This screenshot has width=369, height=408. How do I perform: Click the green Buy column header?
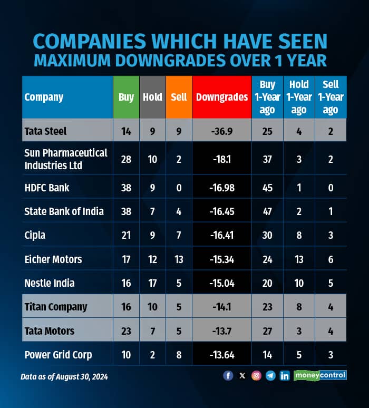[x=126, y=97]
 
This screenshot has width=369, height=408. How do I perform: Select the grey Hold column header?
[x=152, y=97]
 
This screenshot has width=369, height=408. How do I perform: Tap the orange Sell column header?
[x=179, y=97]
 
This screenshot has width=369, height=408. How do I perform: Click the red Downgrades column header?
[x=222, y=97]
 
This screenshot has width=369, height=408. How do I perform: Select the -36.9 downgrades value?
[x=222, y=131]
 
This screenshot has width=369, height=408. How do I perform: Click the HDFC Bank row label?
[x=47, y=188]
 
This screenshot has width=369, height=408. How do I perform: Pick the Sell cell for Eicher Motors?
[x=179, y=259]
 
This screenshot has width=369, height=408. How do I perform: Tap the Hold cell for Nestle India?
[x=152, y=283]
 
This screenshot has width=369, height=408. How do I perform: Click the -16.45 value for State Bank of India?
[x=222, y=211]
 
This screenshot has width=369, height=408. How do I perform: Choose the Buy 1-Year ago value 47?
[x=267, y=211]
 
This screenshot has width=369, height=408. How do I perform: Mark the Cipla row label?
[x=35, y=235]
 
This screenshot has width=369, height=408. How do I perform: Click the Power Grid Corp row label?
[x=58, y=355]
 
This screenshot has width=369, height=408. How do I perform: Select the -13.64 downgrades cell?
[x=222, y=355]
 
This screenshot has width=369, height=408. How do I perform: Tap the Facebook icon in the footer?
[x=228, y=375]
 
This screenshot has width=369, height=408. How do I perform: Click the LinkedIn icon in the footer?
[x=285, y=375]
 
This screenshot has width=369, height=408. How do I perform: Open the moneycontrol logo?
[x=320, y=375]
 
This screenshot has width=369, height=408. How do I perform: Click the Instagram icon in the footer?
[x=256, y=375]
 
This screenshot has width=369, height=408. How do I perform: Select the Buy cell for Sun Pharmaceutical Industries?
[x=126, y=159]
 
